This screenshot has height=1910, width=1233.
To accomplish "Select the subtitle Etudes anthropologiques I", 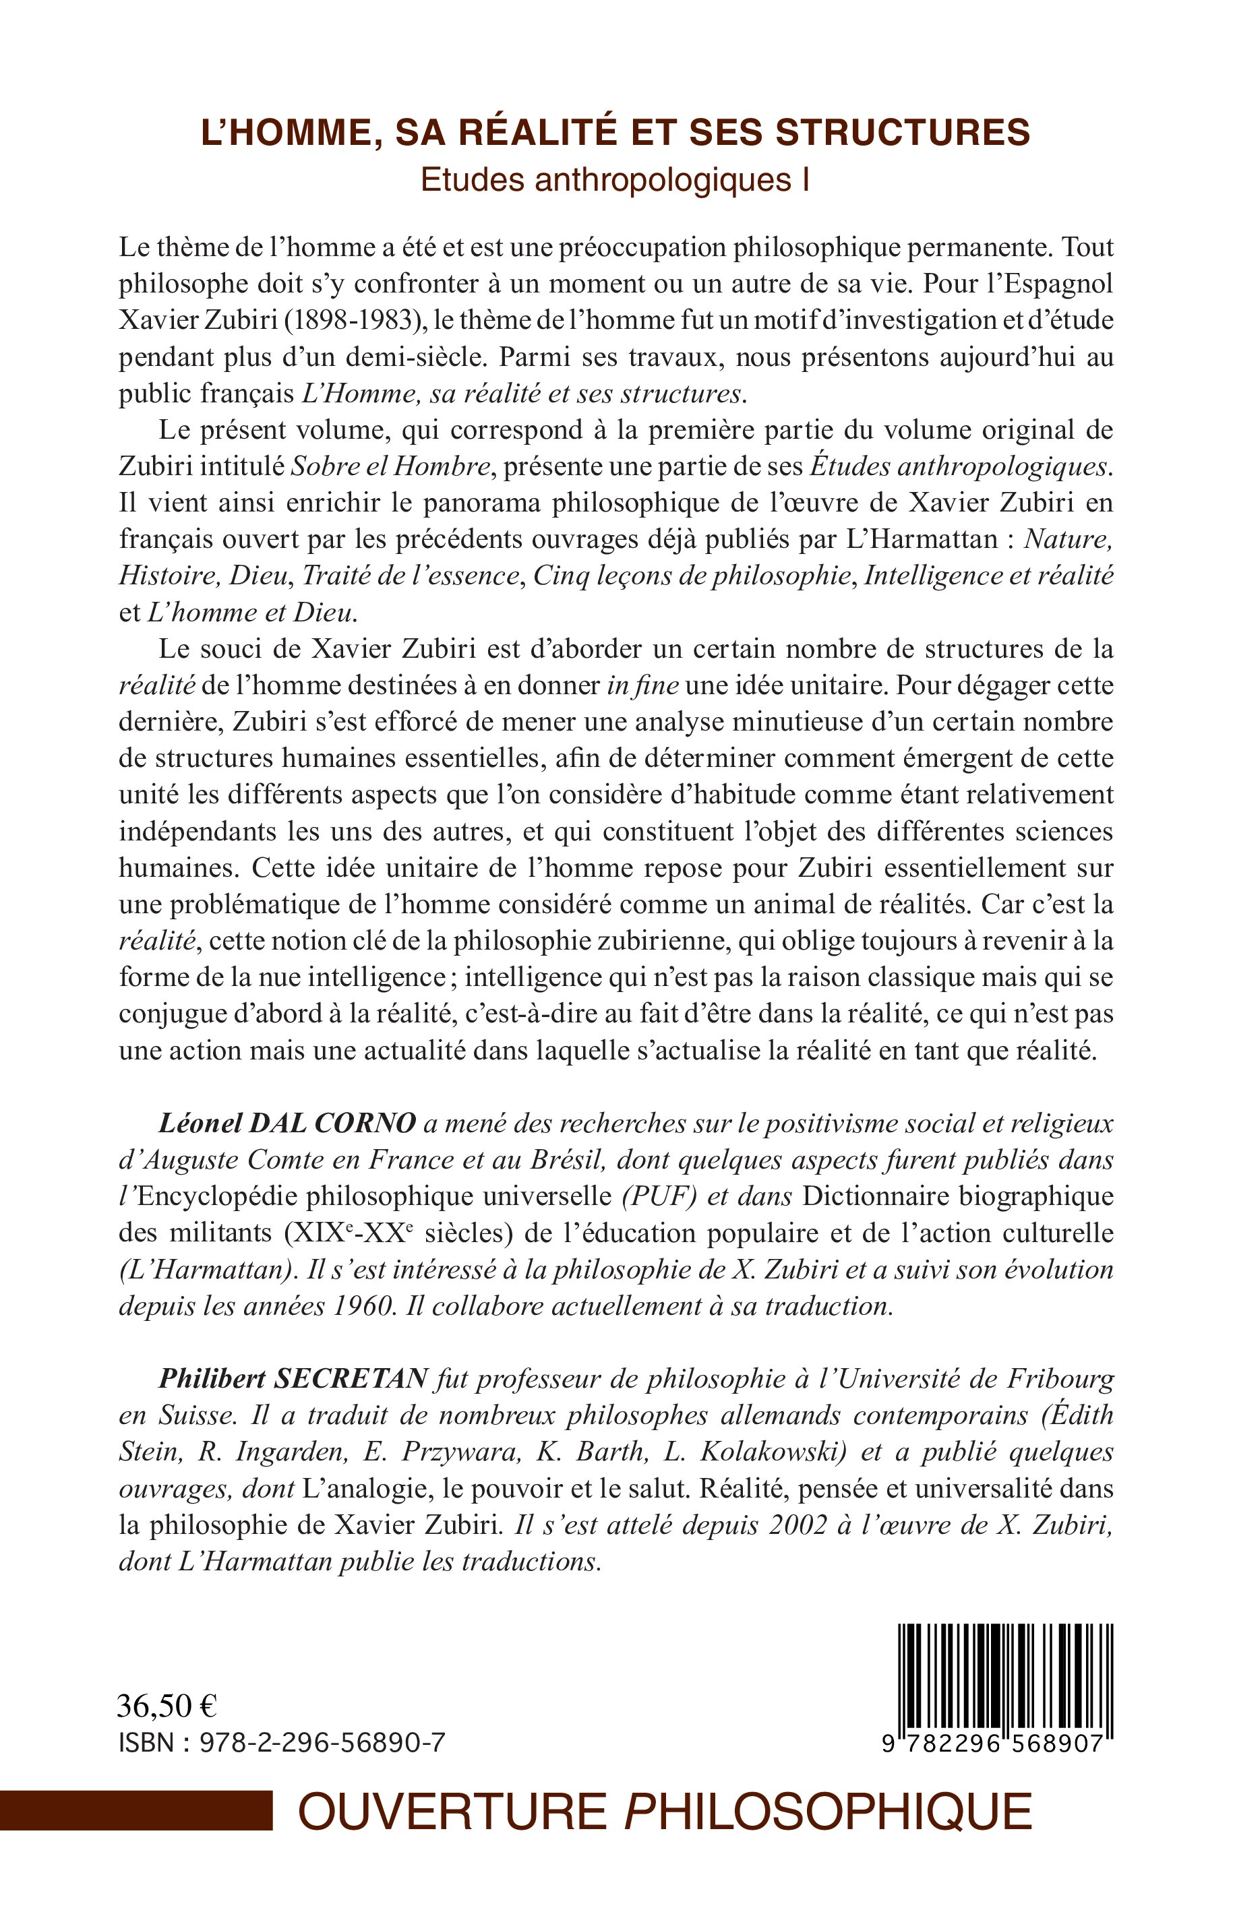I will (615, 181).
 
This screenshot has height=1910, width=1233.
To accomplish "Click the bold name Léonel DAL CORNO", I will (287, 1124).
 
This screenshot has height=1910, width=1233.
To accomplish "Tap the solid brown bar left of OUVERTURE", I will (136, 1812).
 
